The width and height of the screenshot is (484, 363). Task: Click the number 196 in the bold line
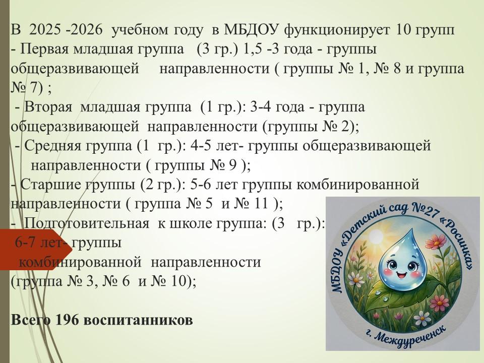click(x=67, y=320)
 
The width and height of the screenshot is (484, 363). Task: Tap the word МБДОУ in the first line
click(x=252, y=30)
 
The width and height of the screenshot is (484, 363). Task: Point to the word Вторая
click(x=48, y=107)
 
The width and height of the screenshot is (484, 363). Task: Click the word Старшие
click(x=51, y=185)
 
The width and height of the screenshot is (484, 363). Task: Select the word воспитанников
click(x=138, y=321)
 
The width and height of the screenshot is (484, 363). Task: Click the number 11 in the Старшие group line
click(x=261, y=204)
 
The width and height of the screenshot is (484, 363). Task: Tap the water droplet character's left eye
click(x=392, y=264)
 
